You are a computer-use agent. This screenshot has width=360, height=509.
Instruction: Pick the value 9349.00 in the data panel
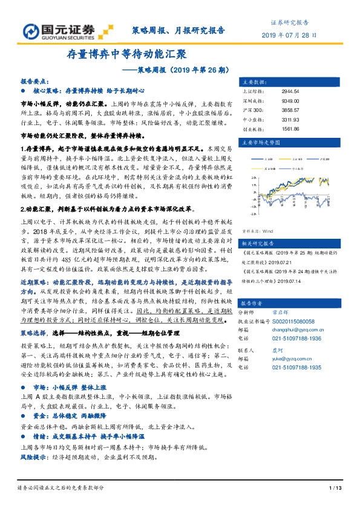[x=291, y=101]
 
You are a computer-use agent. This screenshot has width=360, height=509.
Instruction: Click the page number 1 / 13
[x=335, y=488]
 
